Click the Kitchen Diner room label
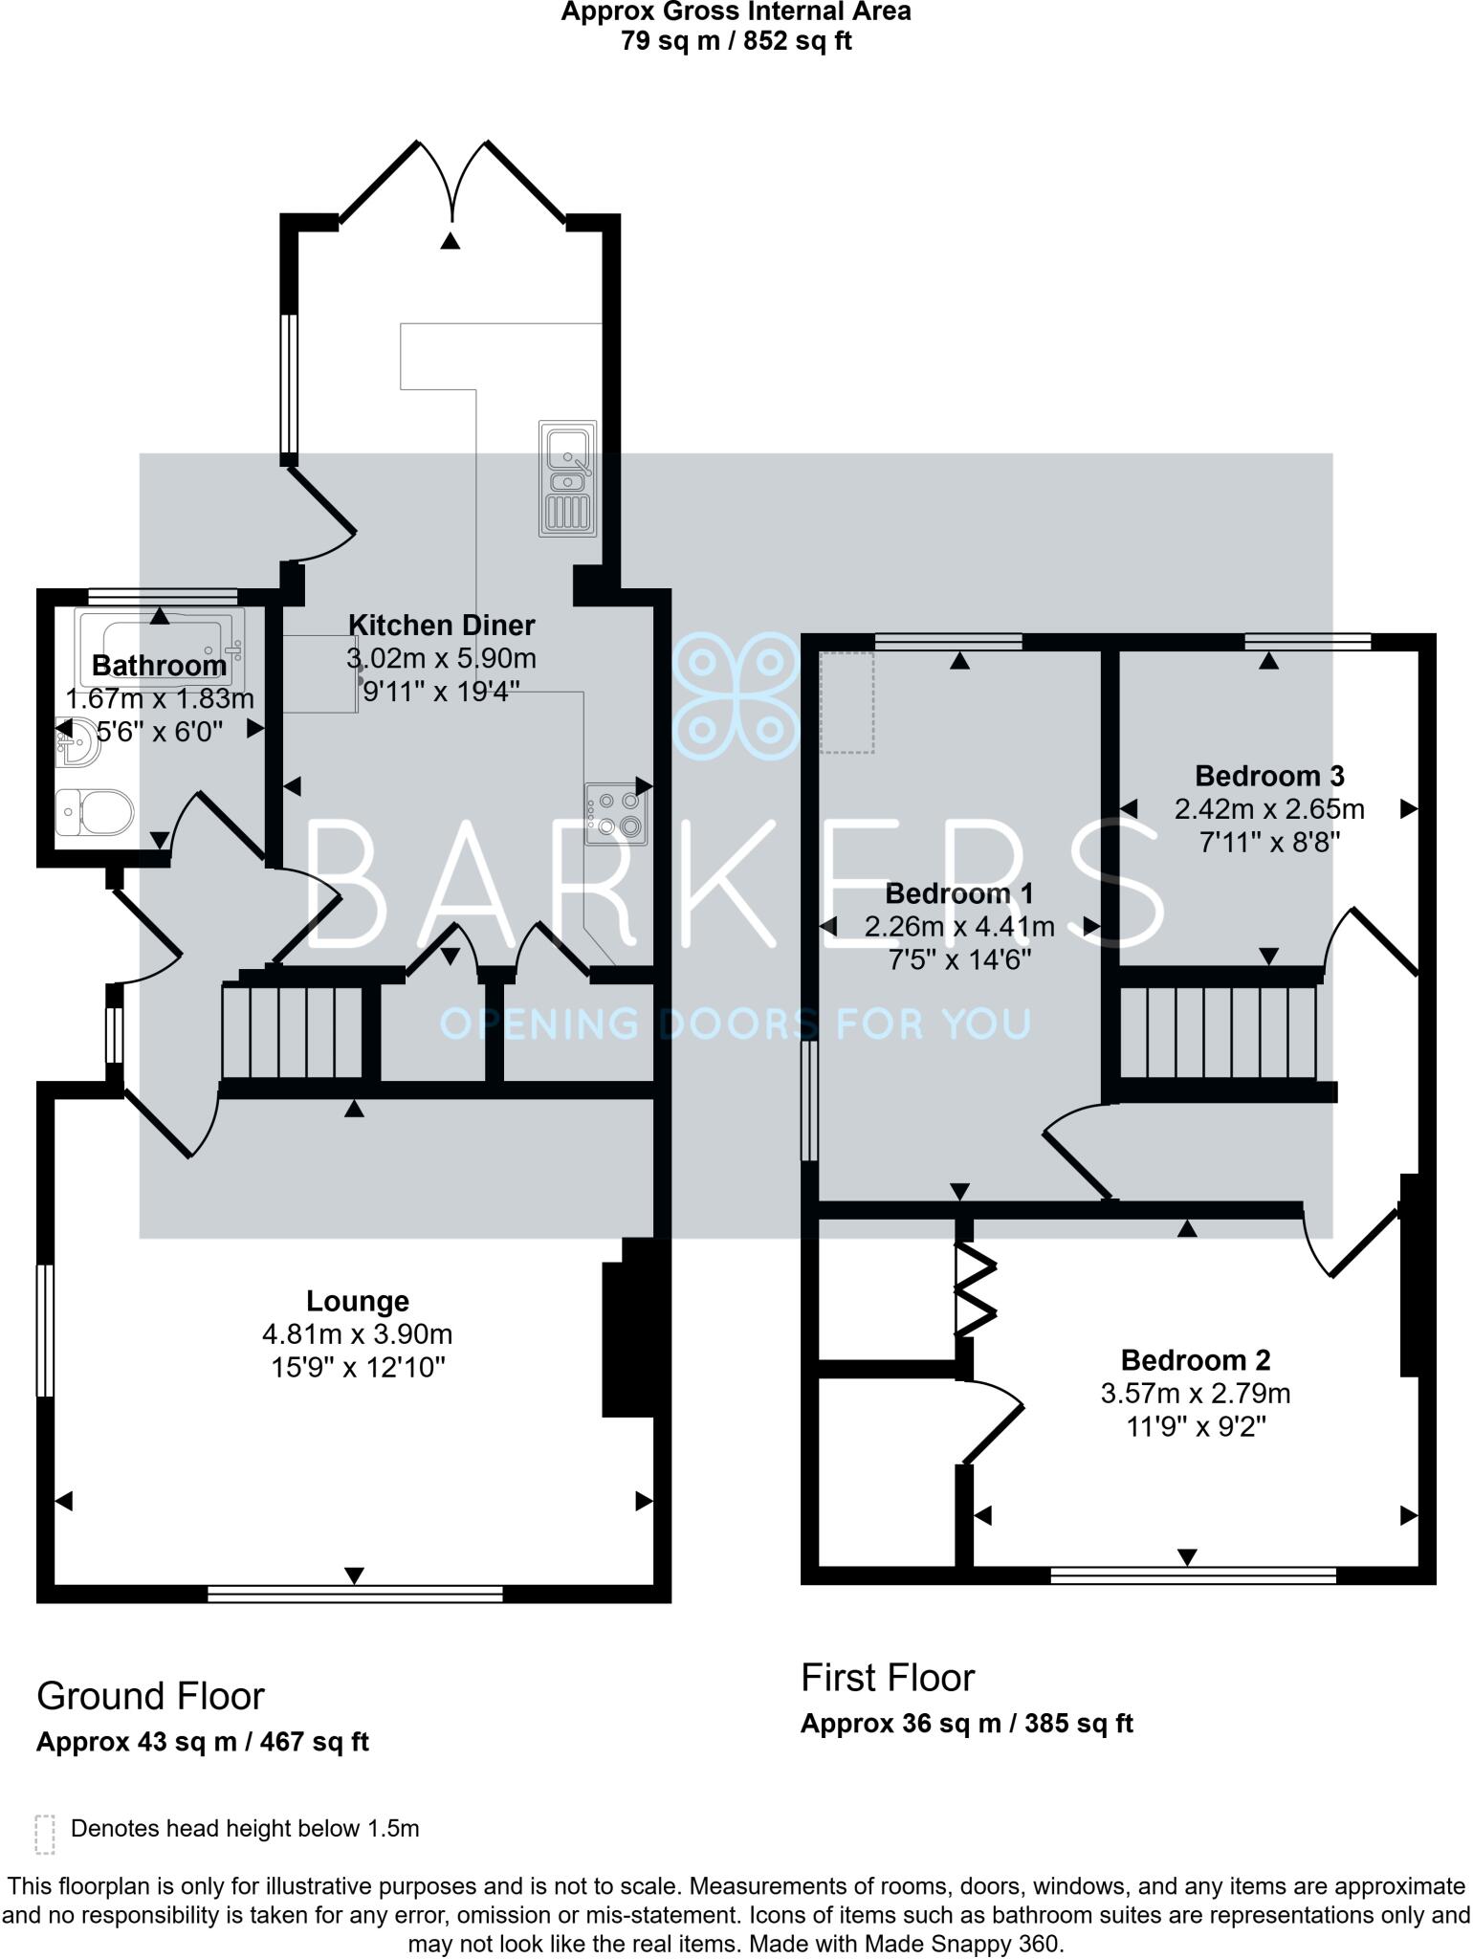coord(441,626)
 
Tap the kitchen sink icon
coord(567,477)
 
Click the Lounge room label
coord(358,1301)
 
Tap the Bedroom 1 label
coord(959,893)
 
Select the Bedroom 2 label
coord(1196,1359)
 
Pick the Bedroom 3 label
coord(1269,775)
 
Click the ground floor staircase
coord(294,1031)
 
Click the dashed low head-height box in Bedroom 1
coord(848,702)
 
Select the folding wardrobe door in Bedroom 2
coord(976,1288)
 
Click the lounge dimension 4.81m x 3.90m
coord(358,1333)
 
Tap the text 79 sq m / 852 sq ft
coord(736,41)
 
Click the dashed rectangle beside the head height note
coord(44,1835)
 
